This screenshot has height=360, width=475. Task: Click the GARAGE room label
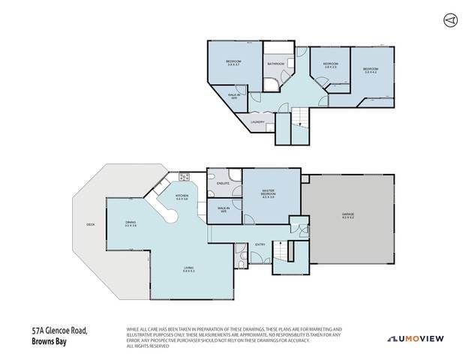[x=348, y=215]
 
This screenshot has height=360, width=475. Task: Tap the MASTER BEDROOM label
[x=268, y=194]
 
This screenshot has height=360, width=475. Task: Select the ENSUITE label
[x=222, y=183]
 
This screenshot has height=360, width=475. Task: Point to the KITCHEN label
[x=182, y=197]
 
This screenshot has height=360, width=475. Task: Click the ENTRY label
[x=260, y=244]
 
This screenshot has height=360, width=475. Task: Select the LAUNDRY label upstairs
[x=257, y=121]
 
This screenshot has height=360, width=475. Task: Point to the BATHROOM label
[x=275, y=64]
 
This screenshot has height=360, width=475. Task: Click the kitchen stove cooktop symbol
[x=184, y=178]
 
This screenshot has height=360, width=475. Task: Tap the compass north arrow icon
[x=449, y=19]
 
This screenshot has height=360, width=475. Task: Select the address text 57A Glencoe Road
[x=60, y=329]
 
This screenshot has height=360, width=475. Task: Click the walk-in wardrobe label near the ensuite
[x=223, y=209]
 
